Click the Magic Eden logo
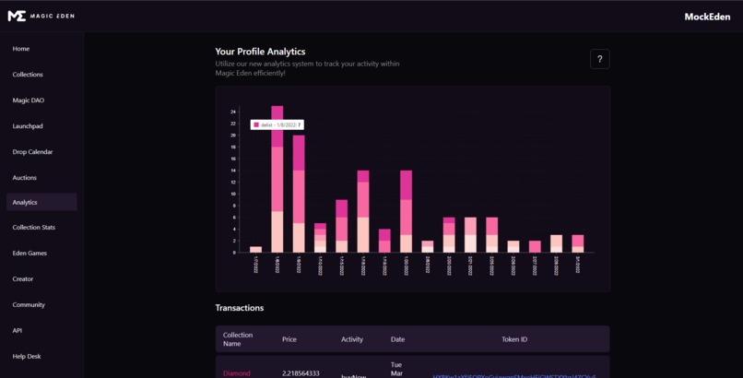tap(41, 16)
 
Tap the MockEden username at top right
tap(706, 17)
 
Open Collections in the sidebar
tap(28, 75)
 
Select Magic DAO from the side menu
tap(29, 100)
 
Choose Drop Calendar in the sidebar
tap(32, 152)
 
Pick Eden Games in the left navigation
tap(29, 254)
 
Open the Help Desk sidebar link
tap(27, 357)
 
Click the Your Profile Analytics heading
tap(260, 52)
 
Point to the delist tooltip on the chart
tap(277, 124)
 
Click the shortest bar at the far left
tap(255, 249)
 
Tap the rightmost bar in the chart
tap(577, 243)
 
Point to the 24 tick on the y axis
tap(233, 112)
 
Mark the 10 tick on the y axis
tap(233, 194)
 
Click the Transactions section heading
tap(240, 308)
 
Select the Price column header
tap(289, 339)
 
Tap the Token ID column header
tap(514, 339)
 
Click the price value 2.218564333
tap(301, 373)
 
